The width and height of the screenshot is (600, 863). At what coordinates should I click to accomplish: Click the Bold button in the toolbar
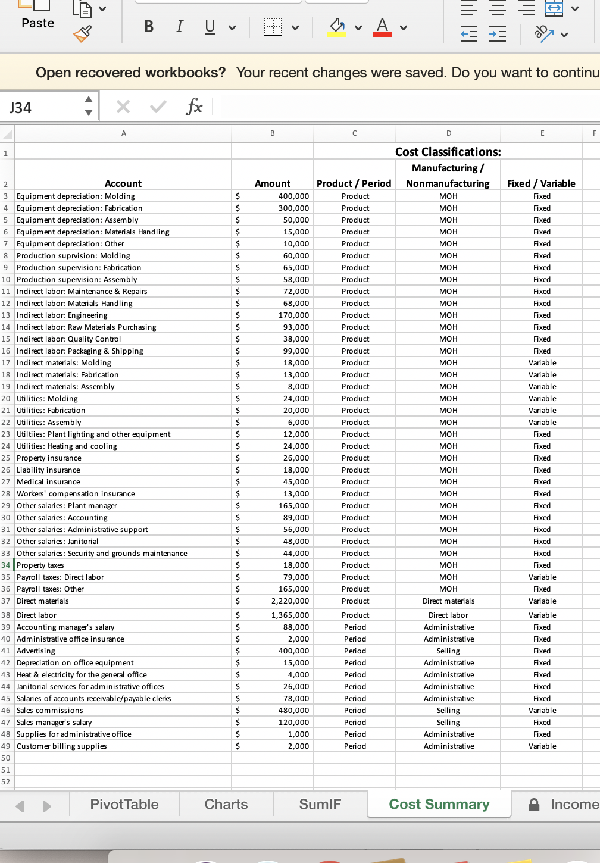point(149,27)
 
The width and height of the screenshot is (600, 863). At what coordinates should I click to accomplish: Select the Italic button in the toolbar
point(179,27)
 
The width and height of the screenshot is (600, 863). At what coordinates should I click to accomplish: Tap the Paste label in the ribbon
point(37,23)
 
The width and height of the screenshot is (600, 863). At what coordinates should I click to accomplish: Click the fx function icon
point(194,107)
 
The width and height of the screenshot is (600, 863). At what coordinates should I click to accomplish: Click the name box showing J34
point(42,108)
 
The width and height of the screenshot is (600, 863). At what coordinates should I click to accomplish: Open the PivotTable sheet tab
point(124,805)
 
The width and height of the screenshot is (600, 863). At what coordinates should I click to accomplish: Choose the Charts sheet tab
point(226,805)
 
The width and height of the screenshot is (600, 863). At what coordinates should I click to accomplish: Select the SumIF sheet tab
point(320,805)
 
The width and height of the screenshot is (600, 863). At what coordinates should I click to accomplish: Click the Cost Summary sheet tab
point(439,805)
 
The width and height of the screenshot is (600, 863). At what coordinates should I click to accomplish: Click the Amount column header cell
point(273,184)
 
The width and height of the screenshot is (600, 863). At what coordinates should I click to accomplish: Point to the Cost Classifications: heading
point(448,152)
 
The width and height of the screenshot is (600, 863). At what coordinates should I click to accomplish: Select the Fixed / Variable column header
point(541,184)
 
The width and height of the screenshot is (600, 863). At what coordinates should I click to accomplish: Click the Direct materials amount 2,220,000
point(290,601)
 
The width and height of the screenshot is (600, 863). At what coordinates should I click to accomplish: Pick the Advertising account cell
point(36,651)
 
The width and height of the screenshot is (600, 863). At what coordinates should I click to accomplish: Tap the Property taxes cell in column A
point(40,565)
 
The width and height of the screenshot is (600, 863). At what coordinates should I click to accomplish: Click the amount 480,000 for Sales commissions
point(293,711)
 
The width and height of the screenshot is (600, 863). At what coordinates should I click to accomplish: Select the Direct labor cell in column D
point(448,615)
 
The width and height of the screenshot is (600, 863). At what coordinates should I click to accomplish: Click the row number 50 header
point(6,758)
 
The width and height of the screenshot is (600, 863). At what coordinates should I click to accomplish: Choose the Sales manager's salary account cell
point(54,723)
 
